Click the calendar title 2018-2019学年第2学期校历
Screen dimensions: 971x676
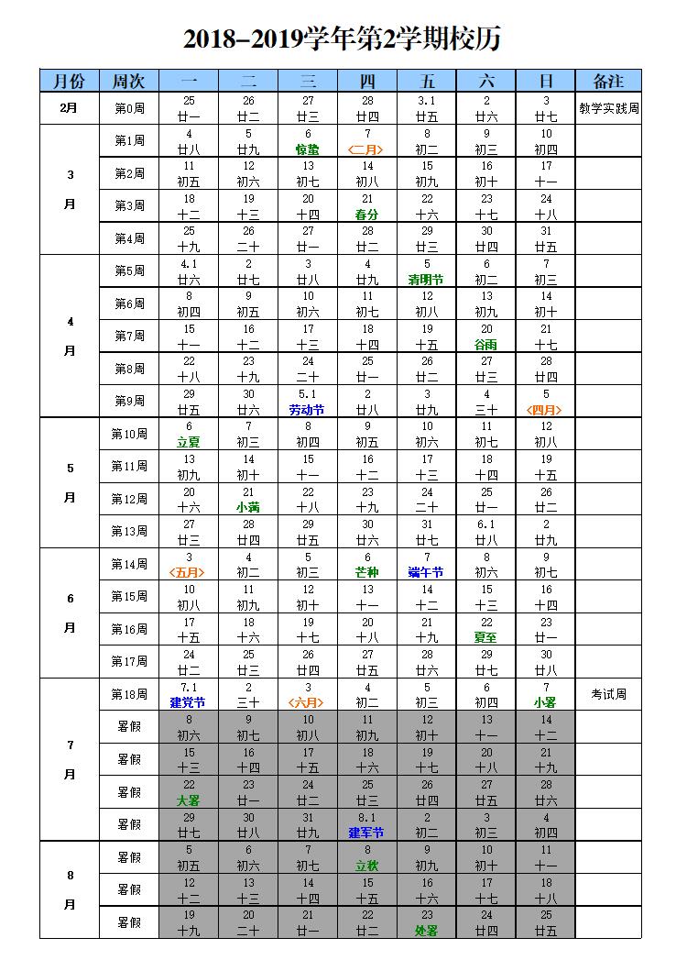(341, 39)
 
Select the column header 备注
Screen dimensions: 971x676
(608, 81)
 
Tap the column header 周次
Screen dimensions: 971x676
(129, 81)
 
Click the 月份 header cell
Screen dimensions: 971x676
(69, 81)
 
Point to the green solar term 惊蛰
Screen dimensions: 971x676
(308, 149)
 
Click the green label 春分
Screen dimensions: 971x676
(367, 215)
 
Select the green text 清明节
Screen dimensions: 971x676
(426, 280)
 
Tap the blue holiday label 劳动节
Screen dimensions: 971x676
(308, 410)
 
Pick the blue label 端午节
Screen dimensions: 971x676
(426, 572)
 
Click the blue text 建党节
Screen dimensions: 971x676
(189, 702)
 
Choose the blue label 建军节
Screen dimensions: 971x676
(367, 833)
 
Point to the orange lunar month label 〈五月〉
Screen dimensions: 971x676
(189, 572)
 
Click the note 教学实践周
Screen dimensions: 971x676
(608, 107)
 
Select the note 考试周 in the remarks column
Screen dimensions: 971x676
(608, 694)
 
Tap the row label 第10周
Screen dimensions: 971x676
(129, 434)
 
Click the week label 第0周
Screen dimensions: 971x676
(129, 108)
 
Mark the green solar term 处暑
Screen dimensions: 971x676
(426, 930)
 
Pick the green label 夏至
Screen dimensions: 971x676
(485, 637)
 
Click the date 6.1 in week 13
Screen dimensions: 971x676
(485, 524)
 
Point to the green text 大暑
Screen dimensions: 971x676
(189, 800)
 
